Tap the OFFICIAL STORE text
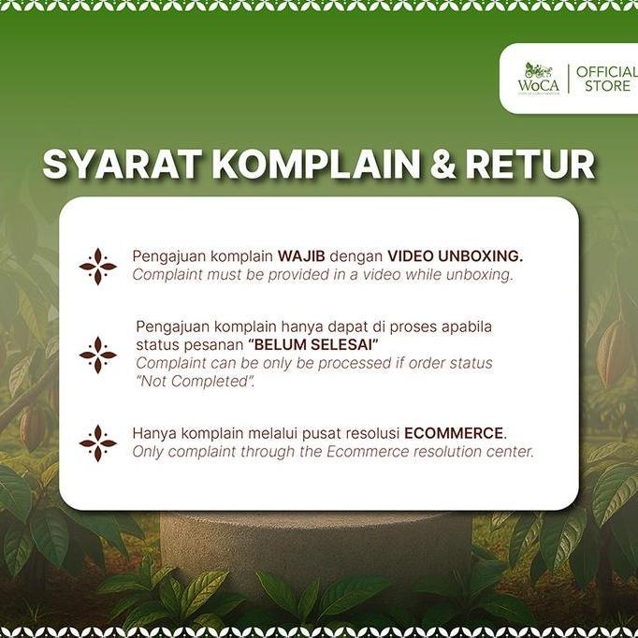[606, 79]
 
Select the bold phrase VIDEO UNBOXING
[455, 256]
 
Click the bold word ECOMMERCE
[455, 434]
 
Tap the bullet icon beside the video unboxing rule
[97, 267]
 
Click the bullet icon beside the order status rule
[97, 355]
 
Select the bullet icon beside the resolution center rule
[97, 442]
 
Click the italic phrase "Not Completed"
[195, 381]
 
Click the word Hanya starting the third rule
[154, 434]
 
